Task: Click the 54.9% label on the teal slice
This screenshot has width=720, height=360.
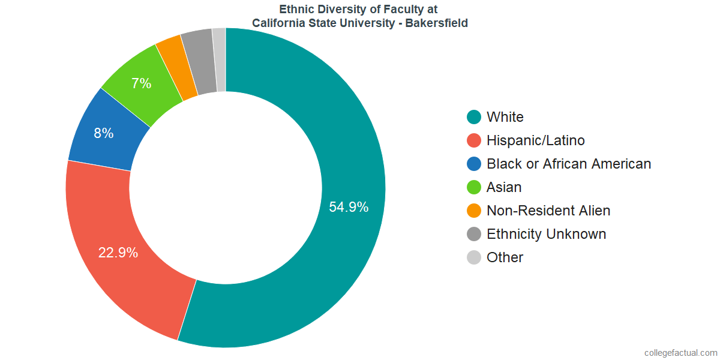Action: click(349, 207)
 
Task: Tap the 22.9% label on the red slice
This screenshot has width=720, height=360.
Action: click(118, 253)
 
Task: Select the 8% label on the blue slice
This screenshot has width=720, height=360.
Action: click(103, 133)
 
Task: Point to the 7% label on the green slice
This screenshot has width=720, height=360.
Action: click(141, 83)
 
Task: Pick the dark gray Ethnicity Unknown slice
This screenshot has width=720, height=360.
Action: click(198, 61)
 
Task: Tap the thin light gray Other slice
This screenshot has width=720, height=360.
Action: click(220, 59)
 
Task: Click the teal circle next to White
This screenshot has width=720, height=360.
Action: click(474, 117)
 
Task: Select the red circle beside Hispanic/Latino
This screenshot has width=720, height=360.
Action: click(474, 140)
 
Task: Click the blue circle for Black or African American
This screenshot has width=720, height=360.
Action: click(474, 164)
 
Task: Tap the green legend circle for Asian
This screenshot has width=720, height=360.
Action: click(474, 187)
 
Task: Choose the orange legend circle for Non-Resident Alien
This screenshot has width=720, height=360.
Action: click(474, 211)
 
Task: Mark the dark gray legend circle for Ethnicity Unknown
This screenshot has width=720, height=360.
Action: click(474, 234)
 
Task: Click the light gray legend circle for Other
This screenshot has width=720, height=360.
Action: click(474, 257)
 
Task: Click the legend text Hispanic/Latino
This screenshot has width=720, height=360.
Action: click(535, 140)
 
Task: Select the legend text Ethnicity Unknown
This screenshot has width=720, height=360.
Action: click(546, 234)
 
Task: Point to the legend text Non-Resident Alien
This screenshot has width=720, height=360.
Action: click(548, 211)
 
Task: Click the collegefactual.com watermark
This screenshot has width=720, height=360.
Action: click(680, 352)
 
